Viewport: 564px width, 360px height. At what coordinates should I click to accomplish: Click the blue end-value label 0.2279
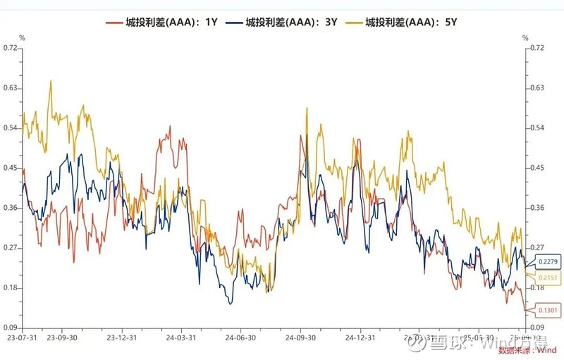click(548, 262)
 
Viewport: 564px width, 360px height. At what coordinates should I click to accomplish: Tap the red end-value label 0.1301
click(548, 311)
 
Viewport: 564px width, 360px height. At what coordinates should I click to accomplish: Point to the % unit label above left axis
click(22, 37)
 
